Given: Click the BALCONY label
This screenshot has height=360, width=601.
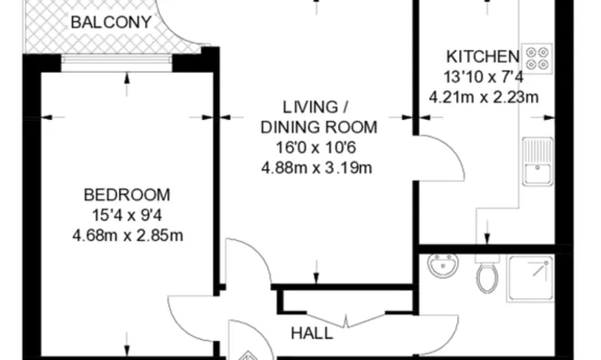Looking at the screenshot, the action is pyautogui.click(x=111, y=22).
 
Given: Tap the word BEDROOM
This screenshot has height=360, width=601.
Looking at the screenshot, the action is pyautogui.click(x=127, y=195).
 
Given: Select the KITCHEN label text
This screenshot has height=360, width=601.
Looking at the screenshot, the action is pyautogui.click(x=483, y=56).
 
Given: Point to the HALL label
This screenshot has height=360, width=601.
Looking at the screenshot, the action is pyautogui.click(x=312, y=333).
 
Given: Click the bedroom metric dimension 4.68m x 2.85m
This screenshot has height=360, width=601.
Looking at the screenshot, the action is pyautogui.click(x=127, y=235).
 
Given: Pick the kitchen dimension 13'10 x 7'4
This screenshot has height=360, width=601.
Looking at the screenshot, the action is pyautogui.click(x=484, y=77).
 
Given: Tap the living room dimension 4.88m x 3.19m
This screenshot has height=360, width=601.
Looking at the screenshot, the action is pyautogui.click(x=316, y=168).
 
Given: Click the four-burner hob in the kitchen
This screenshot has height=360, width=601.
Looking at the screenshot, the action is pyautogui.click(x=537, y=59).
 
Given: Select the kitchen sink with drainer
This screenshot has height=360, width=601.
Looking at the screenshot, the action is pyautogui.click(x=537, y=162).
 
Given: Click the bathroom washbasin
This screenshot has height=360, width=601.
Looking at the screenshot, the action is pyautogui.click(x=443, y=265).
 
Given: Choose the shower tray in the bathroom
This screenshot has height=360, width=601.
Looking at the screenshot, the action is pyautogui.click(x=531, y=278).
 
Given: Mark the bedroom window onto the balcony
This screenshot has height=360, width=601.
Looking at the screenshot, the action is pyautogui.click(x=116, y=59).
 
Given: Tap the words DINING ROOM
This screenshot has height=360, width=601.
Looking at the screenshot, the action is pyautogui.click(x=319, y=127).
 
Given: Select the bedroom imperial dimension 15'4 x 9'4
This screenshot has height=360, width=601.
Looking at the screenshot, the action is pyautogui.click(x=127, y=215).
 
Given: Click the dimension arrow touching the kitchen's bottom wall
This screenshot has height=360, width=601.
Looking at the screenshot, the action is pyautogui.click(x=487, y=232).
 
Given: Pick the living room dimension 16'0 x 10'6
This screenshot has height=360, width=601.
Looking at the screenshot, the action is pyautogui.click(x=316, y=147).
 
